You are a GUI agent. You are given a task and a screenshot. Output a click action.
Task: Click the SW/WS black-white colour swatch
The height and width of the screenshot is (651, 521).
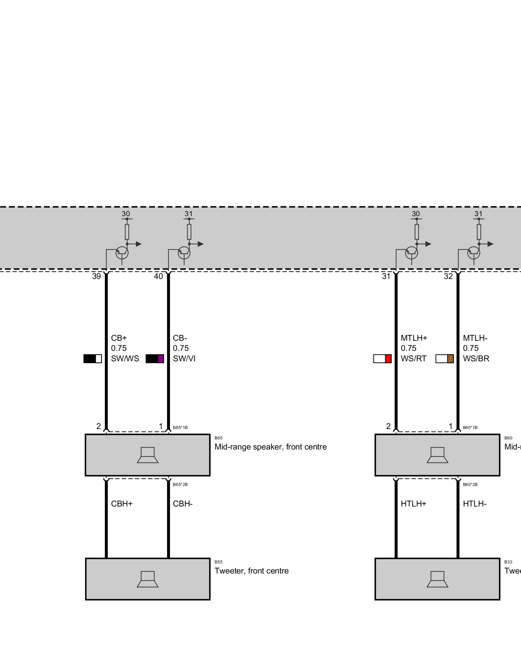[x=92, y=358]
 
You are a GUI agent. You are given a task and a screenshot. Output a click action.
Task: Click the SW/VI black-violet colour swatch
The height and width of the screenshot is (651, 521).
[x=155, y=358]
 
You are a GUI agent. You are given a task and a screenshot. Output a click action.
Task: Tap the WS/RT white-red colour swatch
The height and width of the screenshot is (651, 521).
[x=382, y=358]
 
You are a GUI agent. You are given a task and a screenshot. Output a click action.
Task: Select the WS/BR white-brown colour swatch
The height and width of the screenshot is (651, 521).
[x=444, y=358]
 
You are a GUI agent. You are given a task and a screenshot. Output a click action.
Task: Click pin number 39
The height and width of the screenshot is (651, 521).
[x=96, y=276]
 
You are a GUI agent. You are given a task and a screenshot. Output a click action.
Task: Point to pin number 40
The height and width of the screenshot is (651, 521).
[x=158, y=276]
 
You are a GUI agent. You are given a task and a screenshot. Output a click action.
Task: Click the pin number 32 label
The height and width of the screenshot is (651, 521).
[x=448, y=276]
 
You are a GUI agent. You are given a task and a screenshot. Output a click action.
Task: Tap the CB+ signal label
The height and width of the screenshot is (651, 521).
[x=119, y=338]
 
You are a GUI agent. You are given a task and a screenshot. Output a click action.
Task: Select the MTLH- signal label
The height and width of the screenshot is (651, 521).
[x=475, y=338]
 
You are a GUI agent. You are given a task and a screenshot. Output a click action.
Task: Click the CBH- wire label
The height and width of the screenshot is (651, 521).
[x=183, y=504]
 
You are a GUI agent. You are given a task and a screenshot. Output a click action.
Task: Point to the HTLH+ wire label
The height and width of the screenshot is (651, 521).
[x=413, y=504]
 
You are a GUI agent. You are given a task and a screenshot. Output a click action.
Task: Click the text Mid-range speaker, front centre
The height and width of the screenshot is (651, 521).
[x=270, y=447]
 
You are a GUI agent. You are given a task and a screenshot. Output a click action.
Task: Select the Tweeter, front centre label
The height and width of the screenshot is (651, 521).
[x=251, y=571]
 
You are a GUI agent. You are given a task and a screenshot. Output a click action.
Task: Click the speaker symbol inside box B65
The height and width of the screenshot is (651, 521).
[x=148, y=455]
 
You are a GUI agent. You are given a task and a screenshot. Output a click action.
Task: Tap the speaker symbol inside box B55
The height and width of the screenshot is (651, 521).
[x=148, y=579]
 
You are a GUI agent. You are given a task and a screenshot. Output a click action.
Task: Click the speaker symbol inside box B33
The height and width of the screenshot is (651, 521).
[x=437, y=579]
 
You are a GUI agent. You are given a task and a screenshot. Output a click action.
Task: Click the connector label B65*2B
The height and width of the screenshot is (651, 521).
[x=180, y=485]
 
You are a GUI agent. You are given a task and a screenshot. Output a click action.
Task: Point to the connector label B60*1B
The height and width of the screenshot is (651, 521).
[x=470, y=427]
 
